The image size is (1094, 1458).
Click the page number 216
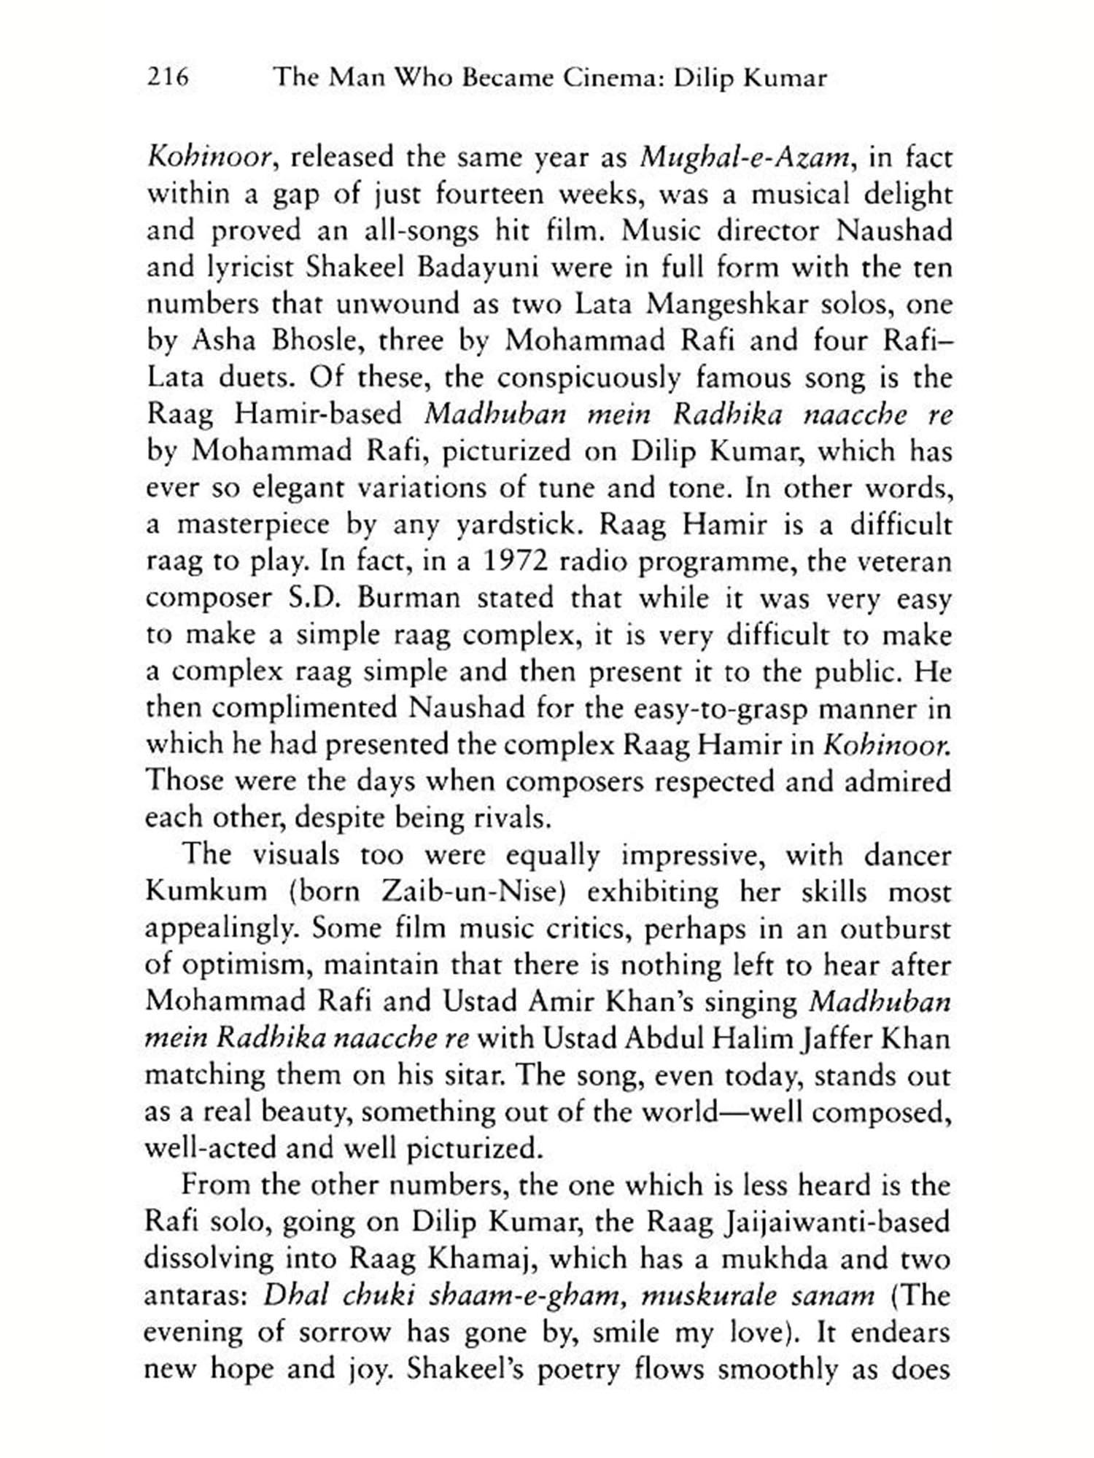tap(168, 77)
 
